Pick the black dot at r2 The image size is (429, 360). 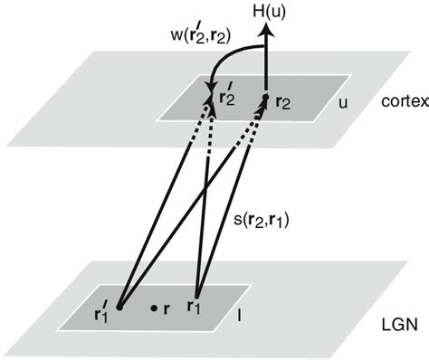point(264,95)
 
